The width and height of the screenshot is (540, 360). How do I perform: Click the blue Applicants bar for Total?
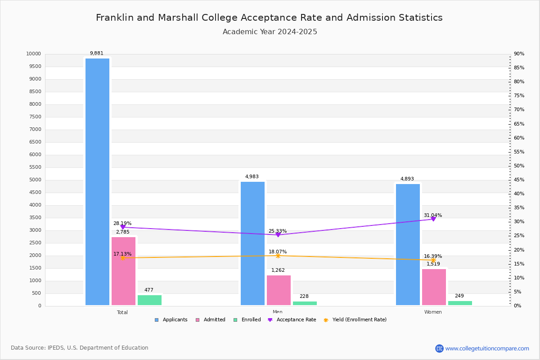(97, 182)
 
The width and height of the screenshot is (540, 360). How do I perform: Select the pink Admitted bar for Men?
(279, 290)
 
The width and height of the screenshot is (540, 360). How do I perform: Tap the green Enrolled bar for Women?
(460, 303)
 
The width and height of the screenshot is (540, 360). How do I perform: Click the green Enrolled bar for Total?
(149, 300)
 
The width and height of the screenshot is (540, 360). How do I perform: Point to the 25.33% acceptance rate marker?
(278, 235)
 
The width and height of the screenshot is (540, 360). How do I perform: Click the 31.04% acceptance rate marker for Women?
(433, 219)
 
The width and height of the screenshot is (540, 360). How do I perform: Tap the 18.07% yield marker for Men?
(278, 256)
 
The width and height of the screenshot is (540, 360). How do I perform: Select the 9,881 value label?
(97, 54)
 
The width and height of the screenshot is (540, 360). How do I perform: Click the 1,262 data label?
(278, 270)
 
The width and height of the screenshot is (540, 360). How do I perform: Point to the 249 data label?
(459, 296)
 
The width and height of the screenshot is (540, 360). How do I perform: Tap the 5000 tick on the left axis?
(35, 180)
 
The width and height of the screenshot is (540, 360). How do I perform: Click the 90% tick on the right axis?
(519, 54)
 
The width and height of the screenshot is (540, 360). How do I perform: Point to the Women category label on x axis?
(433, 312)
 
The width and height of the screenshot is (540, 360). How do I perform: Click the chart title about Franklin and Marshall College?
(269, 18)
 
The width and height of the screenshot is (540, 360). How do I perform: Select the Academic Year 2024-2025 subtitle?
(270, 32)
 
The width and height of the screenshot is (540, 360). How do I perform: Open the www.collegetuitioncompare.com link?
(487, 348)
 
